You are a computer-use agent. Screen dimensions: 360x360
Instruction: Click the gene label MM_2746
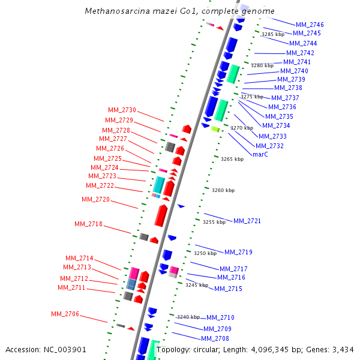(x=310, y=25)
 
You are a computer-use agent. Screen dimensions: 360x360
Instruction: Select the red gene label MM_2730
(x=122, y=110)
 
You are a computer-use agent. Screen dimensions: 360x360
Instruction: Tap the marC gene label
(x=260, y=154)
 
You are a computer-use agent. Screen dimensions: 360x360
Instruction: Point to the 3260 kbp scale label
(x=223, y=190)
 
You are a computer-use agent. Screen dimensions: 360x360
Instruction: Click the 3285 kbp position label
(x=273, y=34)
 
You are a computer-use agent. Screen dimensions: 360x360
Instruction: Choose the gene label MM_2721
(x=247, y=221)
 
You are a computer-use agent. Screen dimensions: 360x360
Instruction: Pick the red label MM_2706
(x=65, y=314)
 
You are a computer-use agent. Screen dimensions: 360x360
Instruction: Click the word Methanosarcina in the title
(x=113, y=11)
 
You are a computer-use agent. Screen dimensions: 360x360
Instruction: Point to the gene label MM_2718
(x=88, y=224)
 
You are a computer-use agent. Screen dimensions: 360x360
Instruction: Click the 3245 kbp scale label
(x=196, y=285)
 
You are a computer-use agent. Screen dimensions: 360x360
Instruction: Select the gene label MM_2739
(x=291, y=80)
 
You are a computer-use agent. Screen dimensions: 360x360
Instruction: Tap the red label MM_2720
(x=95, y=200)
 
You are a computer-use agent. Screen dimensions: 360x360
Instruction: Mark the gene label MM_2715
(x=228, y=289)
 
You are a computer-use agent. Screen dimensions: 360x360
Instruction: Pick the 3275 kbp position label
(x=252, y=97)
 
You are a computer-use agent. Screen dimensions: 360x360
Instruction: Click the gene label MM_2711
(x=71, y=288)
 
